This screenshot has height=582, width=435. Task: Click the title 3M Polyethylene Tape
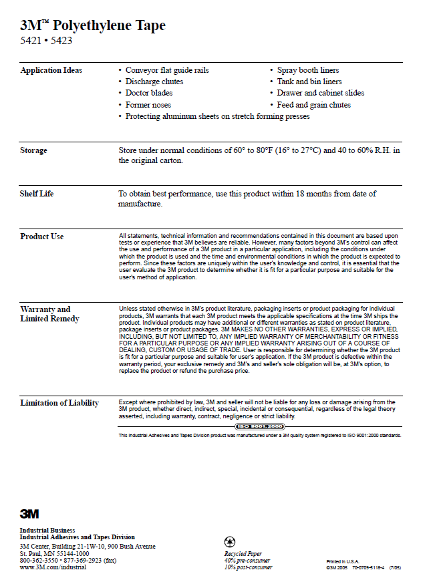[x=93, y=26]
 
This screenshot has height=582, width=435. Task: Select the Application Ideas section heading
[x=51, y=70]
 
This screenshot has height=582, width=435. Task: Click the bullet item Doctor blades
[x=148, y=93]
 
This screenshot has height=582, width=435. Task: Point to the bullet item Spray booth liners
[x=308, y=70]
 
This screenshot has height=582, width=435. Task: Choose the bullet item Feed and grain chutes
[x=313, y=105]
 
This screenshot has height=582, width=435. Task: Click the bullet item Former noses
[x=148, y=105]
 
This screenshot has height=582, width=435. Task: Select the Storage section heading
[x=33, y=150]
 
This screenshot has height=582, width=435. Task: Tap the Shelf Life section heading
[x=37, y=194]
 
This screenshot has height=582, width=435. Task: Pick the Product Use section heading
[x=42, y=237]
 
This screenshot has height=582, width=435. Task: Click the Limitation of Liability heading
[x=59, y=403]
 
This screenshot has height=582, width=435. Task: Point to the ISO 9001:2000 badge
[x=259, y=426]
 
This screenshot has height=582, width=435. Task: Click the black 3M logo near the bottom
[x=29, y=513]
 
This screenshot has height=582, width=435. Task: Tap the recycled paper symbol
[x=230, y=542]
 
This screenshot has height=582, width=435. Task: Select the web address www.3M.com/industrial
[x=54, y=567]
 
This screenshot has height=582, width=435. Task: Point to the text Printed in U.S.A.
[x=342, y=561]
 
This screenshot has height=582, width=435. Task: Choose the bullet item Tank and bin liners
[x=309, y=82]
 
